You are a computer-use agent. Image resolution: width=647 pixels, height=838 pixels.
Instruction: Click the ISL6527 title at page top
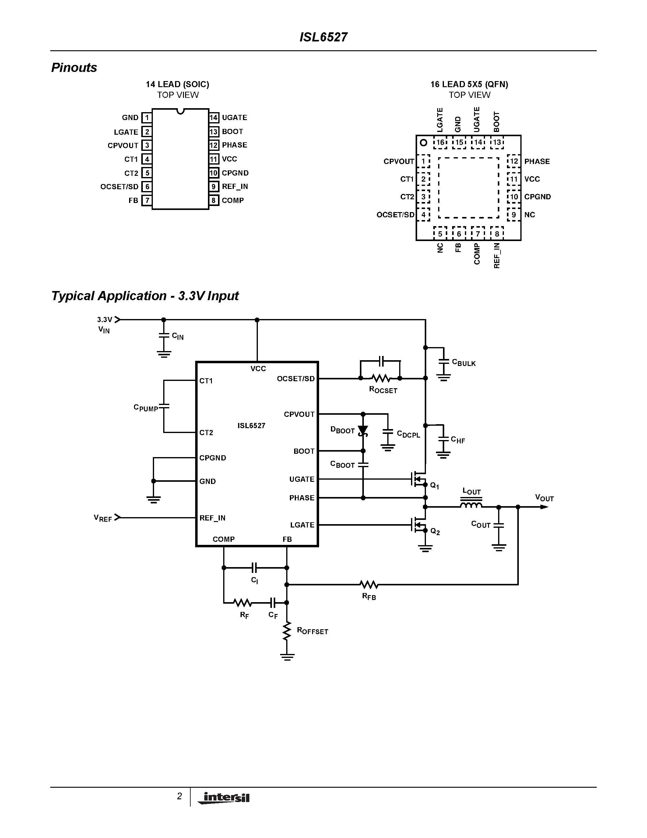(x=323, y=37)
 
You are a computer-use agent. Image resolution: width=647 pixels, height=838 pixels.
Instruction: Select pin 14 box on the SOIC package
(x=213, y=117)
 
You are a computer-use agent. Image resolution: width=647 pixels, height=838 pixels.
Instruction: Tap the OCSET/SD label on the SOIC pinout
(x=119, y=186)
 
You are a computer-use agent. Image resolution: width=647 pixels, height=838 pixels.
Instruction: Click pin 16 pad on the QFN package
(x=440, y=142)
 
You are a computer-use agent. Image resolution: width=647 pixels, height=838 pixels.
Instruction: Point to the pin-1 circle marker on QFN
(x=423, y=142)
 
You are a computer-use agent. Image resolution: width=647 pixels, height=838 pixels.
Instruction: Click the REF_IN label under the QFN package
(x=497, y=256)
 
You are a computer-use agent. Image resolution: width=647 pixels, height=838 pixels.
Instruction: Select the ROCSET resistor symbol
(x=381, y=378)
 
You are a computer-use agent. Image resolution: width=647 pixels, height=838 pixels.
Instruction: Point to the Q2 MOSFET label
(x=435, y=531)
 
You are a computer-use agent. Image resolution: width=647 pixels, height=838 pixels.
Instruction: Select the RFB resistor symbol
(x=369, y=584)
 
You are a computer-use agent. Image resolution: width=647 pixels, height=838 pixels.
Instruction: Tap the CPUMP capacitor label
(x=146, y=407)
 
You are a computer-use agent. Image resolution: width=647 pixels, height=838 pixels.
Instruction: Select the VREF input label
(x=103, y=518)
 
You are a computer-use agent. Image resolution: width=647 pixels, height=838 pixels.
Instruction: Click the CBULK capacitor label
(x=464, y=363)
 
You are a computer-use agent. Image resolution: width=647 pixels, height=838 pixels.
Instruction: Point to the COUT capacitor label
(x=481, y=524)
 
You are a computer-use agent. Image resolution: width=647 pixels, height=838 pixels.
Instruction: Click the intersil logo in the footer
(x=224, y=798)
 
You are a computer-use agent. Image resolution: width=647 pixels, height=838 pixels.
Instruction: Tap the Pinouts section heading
(x=74, y=68)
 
